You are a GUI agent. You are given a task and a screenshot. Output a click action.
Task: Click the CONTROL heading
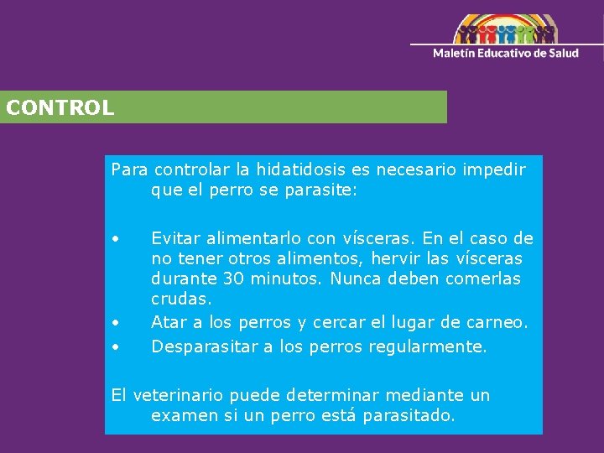coord(60,108)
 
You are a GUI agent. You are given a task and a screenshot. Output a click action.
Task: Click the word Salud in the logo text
coord(563,53)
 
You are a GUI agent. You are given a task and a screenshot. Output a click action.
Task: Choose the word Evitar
coord(175,238)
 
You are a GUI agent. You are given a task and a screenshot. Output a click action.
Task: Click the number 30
coord(234,279)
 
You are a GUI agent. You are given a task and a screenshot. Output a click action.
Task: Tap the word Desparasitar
coord(206,346)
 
